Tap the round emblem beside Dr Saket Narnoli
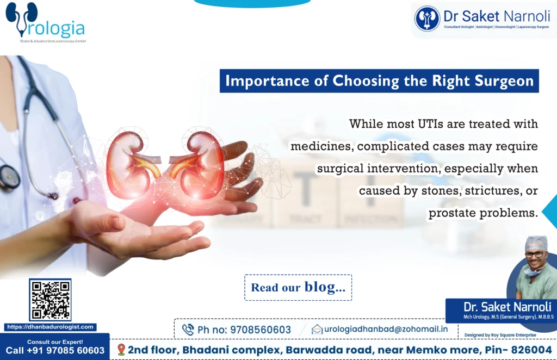click(427, 18)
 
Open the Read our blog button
click(298, 288)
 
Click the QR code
click(50, 300)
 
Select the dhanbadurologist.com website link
click(50, 327)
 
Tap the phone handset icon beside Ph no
click(188, 330)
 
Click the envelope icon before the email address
click(317, 329)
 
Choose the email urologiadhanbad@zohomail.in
click(386, 329)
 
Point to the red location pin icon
click(121, 349)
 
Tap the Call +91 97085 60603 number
click(55, 351)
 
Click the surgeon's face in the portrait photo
click(536, 255)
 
